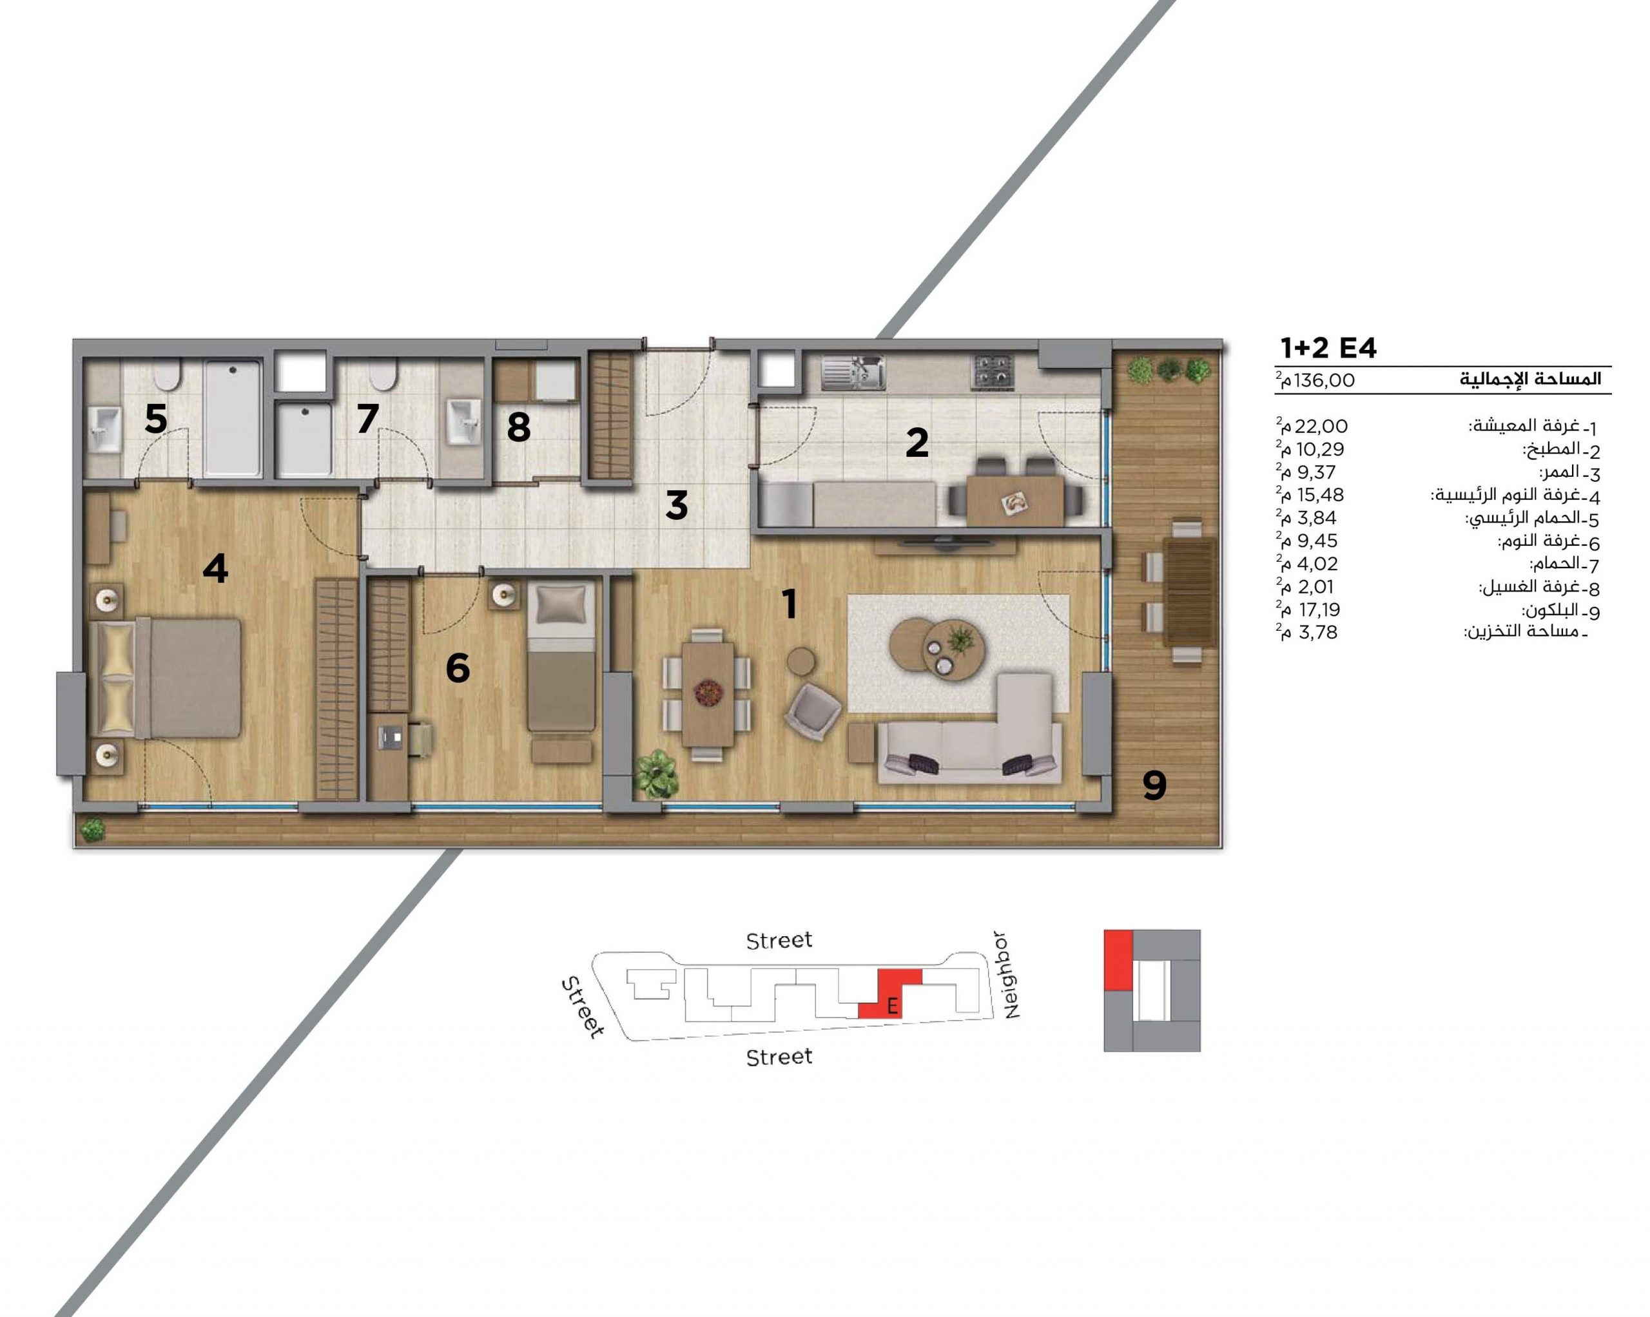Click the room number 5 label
(155, 419)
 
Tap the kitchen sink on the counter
(853, 372)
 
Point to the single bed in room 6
(562, 657)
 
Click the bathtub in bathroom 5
(233, 419)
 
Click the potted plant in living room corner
(656, 774)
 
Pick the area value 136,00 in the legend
(1323, 380)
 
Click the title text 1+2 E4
(1328, 348)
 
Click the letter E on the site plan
(891, 1006)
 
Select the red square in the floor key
(1118, 961)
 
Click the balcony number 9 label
(1154, 785)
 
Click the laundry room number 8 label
(519, 427)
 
